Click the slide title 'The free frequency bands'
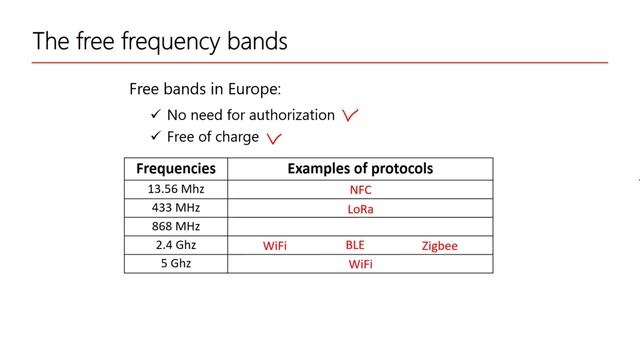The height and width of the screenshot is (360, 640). (x=160, y=41)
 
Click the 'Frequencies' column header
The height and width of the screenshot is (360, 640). (x=175, y=169)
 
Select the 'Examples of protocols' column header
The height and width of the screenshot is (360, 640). (x=360, y=169)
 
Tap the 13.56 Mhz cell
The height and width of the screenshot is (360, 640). (x=176, y=189)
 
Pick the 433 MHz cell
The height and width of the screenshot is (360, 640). (x=176, y=208)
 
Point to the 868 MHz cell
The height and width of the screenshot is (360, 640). (x=176, y=227)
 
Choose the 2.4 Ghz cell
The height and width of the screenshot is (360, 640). (x=176, y=245)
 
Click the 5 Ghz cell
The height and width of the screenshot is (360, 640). (x=176, y=264)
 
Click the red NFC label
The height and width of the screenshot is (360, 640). (x=360, y=190)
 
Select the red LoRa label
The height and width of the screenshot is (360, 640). (x=360, y=209)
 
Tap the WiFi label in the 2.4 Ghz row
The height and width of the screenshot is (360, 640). (x=275, y=246)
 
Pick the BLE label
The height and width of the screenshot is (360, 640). (x=356, y=244)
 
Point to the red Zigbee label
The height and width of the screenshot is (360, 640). (x=439, y=246)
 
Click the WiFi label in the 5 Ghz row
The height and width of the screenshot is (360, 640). (x=360, y=265)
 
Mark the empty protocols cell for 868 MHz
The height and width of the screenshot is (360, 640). (x=360, y=227)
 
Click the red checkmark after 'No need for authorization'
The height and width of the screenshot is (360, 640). (x=350, y=116)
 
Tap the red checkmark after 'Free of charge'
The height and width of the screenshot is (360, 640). (x=273, y=139)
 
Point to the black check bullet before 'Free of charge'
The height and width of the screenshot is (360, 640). (x=155, y=136)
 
